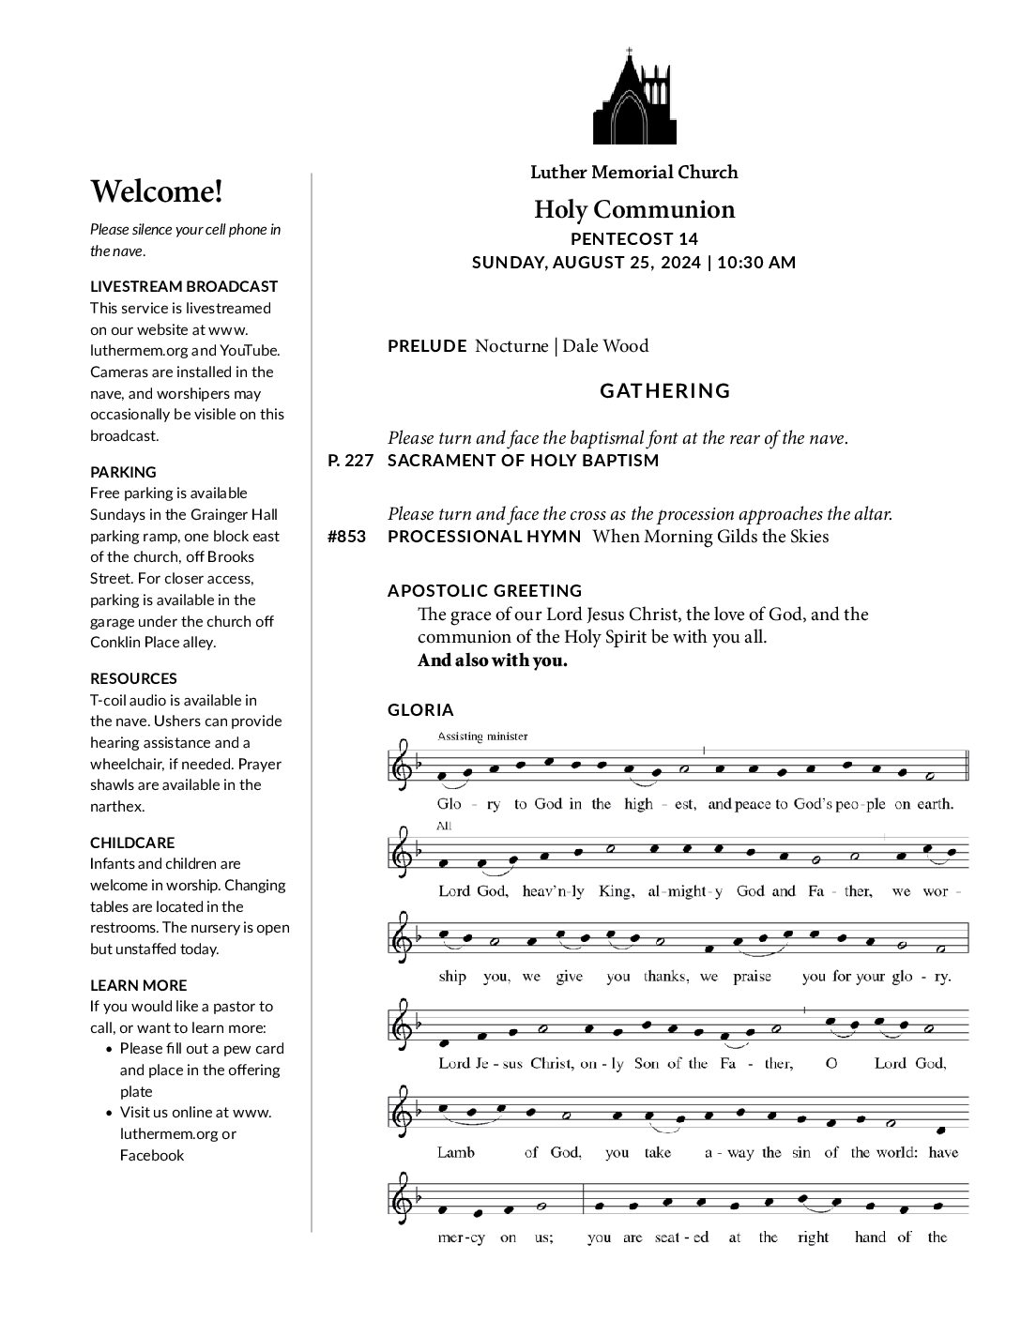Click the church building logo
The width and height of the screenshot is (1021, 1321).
(633, 98)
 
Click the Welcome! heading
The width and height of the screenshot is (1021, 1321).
(157, 191)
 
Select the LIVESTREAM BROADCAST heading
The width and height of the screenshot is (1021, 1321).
(184, 286)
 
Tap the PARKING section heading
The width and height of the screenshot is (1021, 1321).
(123, 472)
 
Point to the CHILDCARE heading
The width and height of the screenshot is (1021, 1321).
(132, 843)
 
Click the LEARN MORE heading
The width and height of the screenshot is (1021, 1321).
(138, 985)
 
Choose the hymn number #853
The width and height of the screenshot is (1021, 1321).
(347, 537)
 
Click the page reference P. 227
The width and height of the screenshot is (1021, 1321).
(350, 461)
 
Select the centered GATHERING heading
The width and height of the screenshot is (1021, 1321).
(664, 390)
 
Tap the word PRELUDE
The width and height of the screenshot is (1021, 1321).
(427, 346)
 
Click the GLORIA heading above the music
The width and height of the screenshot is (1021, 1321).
(420, 710)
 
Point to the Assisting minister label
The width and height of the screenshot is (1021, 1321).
(482, 736)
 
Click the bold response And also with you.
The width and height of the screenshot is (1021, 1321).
(493, 660)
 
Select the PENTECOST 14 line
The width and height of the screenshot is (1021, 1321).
(634, 239)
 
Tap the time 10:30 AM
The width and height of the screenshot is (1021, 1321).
(755, 263)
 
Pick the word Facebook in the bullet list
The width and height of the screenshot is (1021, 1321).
(152, 1155)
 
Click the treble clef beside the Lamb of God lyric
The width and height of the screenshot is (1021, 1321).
(403, 1110)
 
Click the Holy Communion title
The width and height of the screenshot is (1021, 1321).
(634, 209)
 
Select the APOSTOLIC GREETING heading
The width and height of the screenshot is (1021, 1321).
(485, 591)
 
